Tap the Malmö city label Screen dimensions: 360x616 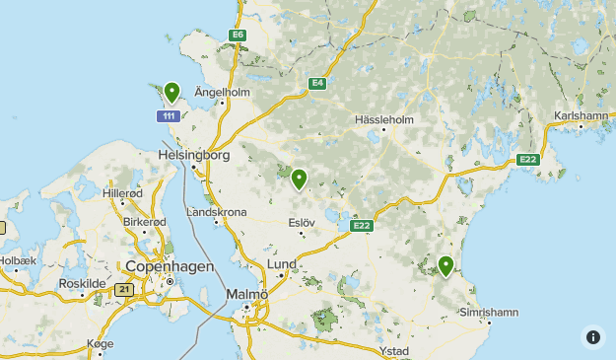246,295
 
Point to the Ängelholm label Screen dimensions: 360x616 222,92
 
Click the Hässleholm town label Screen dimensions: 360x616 383,120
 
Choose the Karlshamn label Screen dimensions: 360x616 582,115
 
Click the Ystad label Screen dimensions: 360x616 394,350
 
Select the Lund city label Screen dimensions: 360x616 282,264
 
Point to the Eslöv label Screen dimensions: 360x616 301,223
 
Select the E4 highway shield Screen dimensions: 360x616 316,84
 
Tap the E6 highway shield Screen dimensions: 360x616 237,36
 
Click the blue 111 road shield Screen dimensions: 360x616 168,116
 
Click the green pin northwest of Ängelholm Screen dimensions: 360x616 172,92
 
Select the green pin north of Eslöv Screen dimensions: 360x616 299,178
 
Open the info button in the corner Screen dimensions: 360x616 592,336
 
